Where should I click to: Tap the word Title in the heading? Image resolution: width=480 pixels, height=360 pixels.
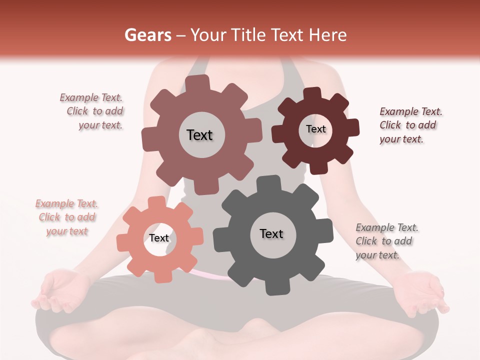coord(247,35)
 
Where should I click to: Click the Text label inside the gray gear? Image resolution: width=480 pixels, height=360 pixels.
coord(271,233)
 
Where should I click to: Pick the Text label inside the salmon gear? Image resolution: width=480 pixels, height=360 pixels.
coord(159,238)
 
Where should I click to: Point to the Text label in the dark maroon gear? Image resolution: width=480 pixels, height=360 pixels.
coord(315,129)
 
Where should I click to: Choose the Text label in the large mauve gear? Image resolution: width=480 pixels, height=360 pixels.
coord(199,135)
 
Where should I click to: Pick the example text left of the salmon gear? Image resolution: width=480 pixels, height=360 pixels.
coord(67,217)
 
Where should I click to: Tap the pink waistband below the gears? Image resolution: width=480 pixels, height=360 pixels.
coord(210,274)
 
